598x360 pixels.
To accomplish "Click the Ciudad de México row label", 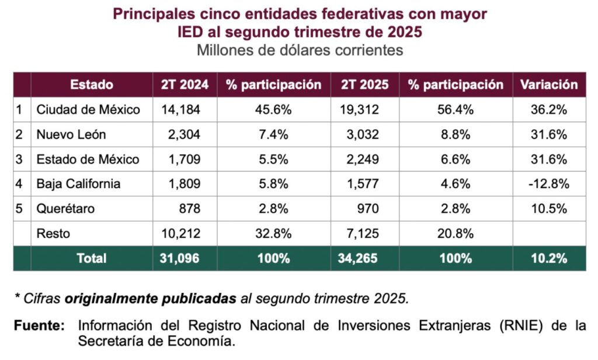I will (88, 109).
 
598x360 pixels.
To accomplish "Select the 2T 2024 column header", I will (185, 84).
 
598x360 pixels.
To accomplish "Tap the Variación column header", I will (549, 84).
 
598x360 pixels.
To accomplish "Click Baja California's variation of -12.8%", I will (549, 184).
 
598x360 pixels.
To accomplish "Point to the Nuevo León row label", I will (71, 134).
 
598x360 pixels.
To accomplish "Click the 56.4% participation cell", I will (456, 109).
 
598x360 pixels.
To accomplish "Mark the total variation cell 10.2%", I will (549, 258).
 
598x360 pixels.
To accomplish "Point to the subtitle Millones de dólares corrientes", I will (300, 50).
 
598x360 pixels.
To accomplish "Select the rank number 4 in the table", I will (20, 184).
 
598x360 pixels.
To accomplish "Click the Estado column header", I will (92, 84).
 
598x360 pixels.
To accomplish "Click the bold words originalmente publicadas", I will (151, 299).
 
